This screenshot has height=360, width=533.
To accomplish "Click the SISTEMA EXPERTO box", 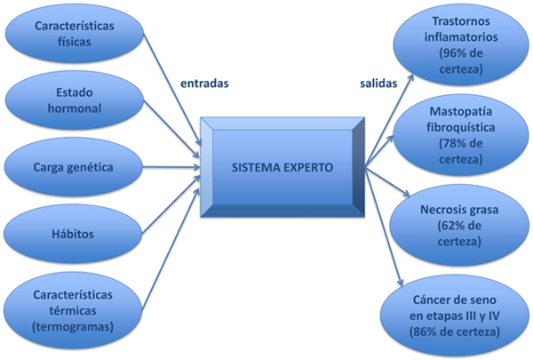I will [279, 165].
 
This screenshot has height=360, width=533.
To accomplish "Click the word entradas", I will [205, 84].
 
